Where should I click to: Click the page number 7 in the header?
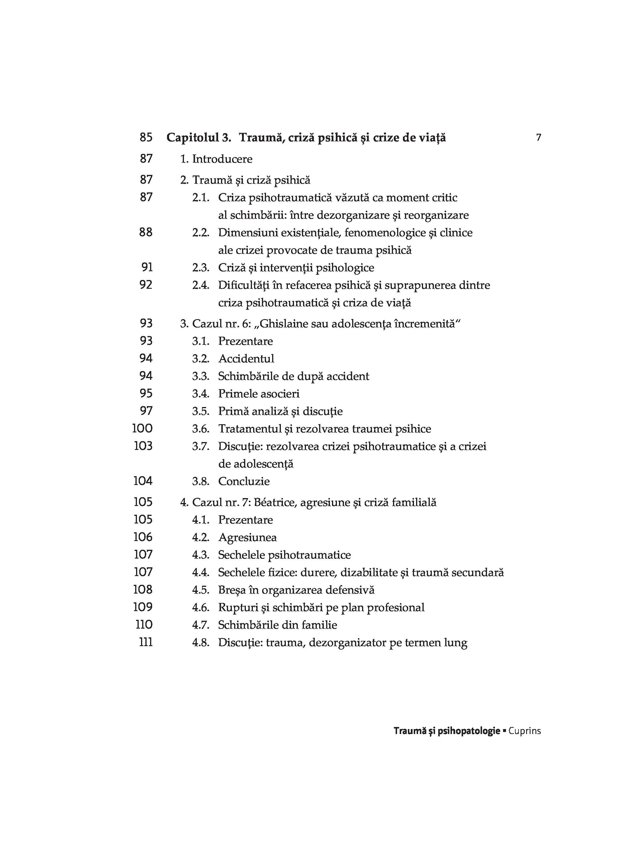tap(538, 138)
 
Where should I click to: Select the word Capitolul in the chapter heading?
tap(193, 138)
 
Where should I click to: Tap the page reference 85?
tap(146, 138)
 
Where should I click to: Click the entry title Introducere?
tap(222, 159)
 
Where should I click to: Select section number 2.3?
tap(201, 268)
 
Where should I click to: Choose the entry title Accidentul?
tap(246, 359)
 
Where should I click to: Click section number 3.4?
tap(201, 394)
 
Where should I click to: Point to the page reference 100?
tap(142, 429)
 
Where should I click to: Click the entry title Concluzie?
tap(244, 481)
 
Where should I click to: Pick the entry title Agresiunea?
tap(247, 538)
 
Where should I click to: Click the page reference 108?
tap(143, 590)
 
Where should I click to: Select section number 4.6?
tap(201, 608)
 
